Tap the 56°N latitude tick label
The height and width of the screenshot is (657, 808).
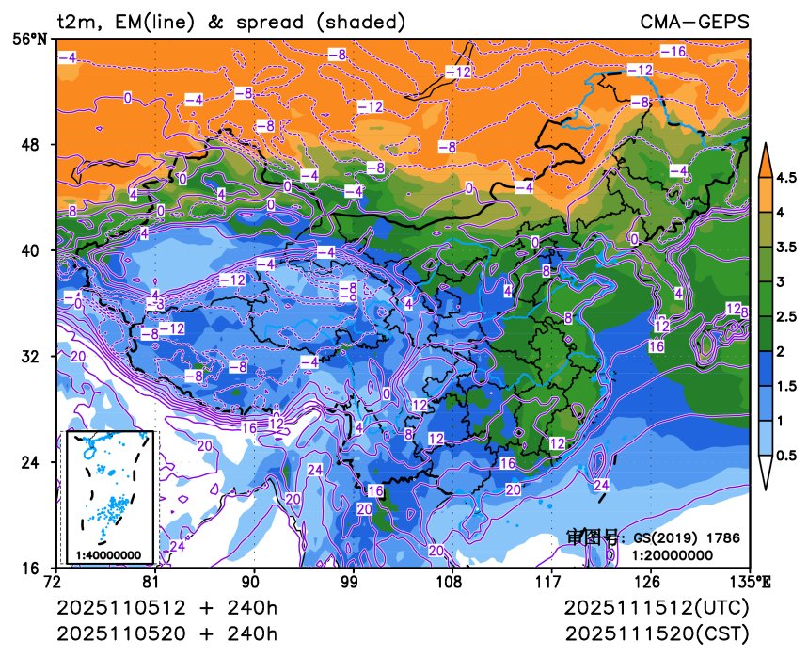(x=33, y=39)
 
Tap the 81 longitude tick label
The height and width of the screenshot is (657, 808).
(x=154, y=582)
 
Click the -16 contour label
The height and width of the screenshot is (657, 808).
(x=673, y=52)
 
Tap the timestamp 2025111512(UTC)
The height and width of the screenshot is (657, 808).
(x=657, y=608)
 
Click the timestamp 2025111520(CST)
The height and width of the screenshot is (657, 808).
(x=657, y=632)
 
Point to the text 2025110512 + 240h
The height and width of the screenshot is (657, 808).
(x=167, y=608)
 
